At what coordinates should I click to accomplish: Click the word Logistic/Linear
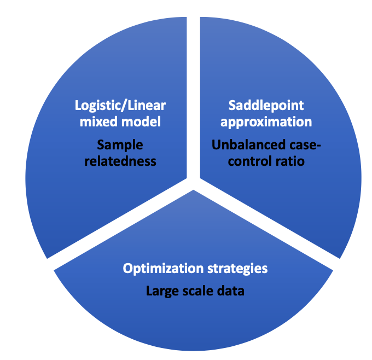tap(120, 106)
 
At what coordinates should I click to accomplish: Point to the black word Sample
tap(120, 145)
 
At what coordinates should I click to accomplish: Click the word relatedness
tap(120, 161)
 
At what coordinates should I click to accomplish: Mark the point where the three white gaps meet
tap(193, 184)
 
